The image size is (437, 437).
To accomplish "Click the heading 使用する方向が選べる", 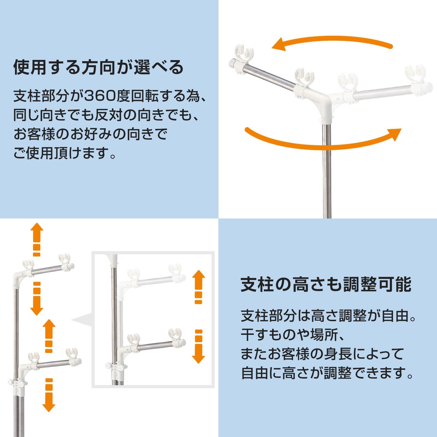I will [98, 67].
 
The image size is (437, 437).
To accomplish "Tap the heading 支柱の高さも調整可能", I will [326, 284].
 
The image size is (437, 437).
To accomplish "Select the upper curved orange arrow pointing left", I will [332, 44].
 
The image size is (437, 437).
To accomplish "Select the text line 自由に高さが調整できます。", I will [328, 373].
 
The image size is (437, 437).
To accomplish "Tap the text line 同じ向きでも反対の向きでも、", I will [107, 115].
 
